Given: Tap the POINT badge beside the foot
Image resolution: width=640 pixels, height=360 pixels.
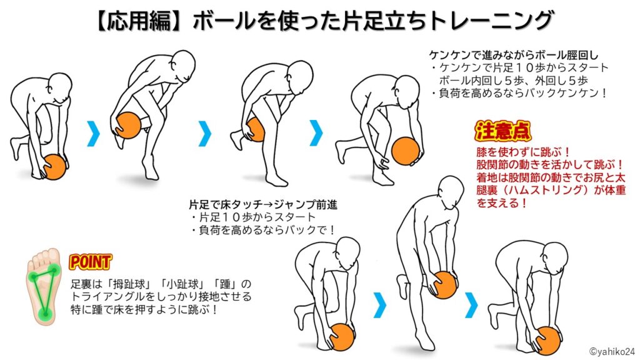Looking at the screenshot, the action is click(x=90, y=262).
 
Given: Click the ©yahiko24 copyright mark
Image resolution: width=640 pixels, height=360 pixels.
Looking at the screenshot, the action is click(x=612, y=351).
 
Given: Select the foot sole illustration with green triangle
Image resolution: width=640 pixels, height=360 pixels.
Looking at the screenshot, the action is click(x=43, y=286).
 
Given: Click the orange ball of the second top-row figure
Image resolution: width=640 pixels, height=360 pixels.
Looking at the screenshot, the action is click(x=128, y=125).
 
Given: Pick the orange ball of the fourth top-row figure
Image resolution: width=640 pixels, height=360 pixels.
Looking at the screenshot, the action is click(x=405, y=151).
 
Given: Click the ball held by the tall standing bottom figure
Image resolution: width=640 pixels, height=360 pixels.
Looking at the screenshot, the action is click(x=444, y=284).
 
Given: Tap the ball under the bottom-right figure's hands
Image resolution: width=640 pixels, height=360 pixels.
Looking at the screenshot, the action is click(x=547, y=340).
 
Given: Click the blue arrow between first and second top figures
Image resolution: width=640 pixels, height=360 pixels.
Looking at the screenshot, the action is click(x=94, y=133).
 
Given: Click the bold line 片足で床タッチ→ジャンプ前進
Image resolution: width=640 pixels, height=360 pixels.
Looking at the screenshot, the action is click(x=263, y=204).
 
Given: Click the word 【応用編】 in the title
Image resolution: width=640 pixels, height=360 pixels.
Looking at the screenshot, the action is click(x=140, y=21).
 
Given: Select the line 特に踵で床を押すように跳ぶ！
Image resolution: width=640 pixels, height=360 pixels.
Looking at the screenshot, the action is click(x=145, y=309).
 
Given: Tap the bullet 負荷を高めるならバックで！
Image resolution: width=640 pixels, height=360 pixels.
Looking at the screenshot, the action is click(x=263, y=230).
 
